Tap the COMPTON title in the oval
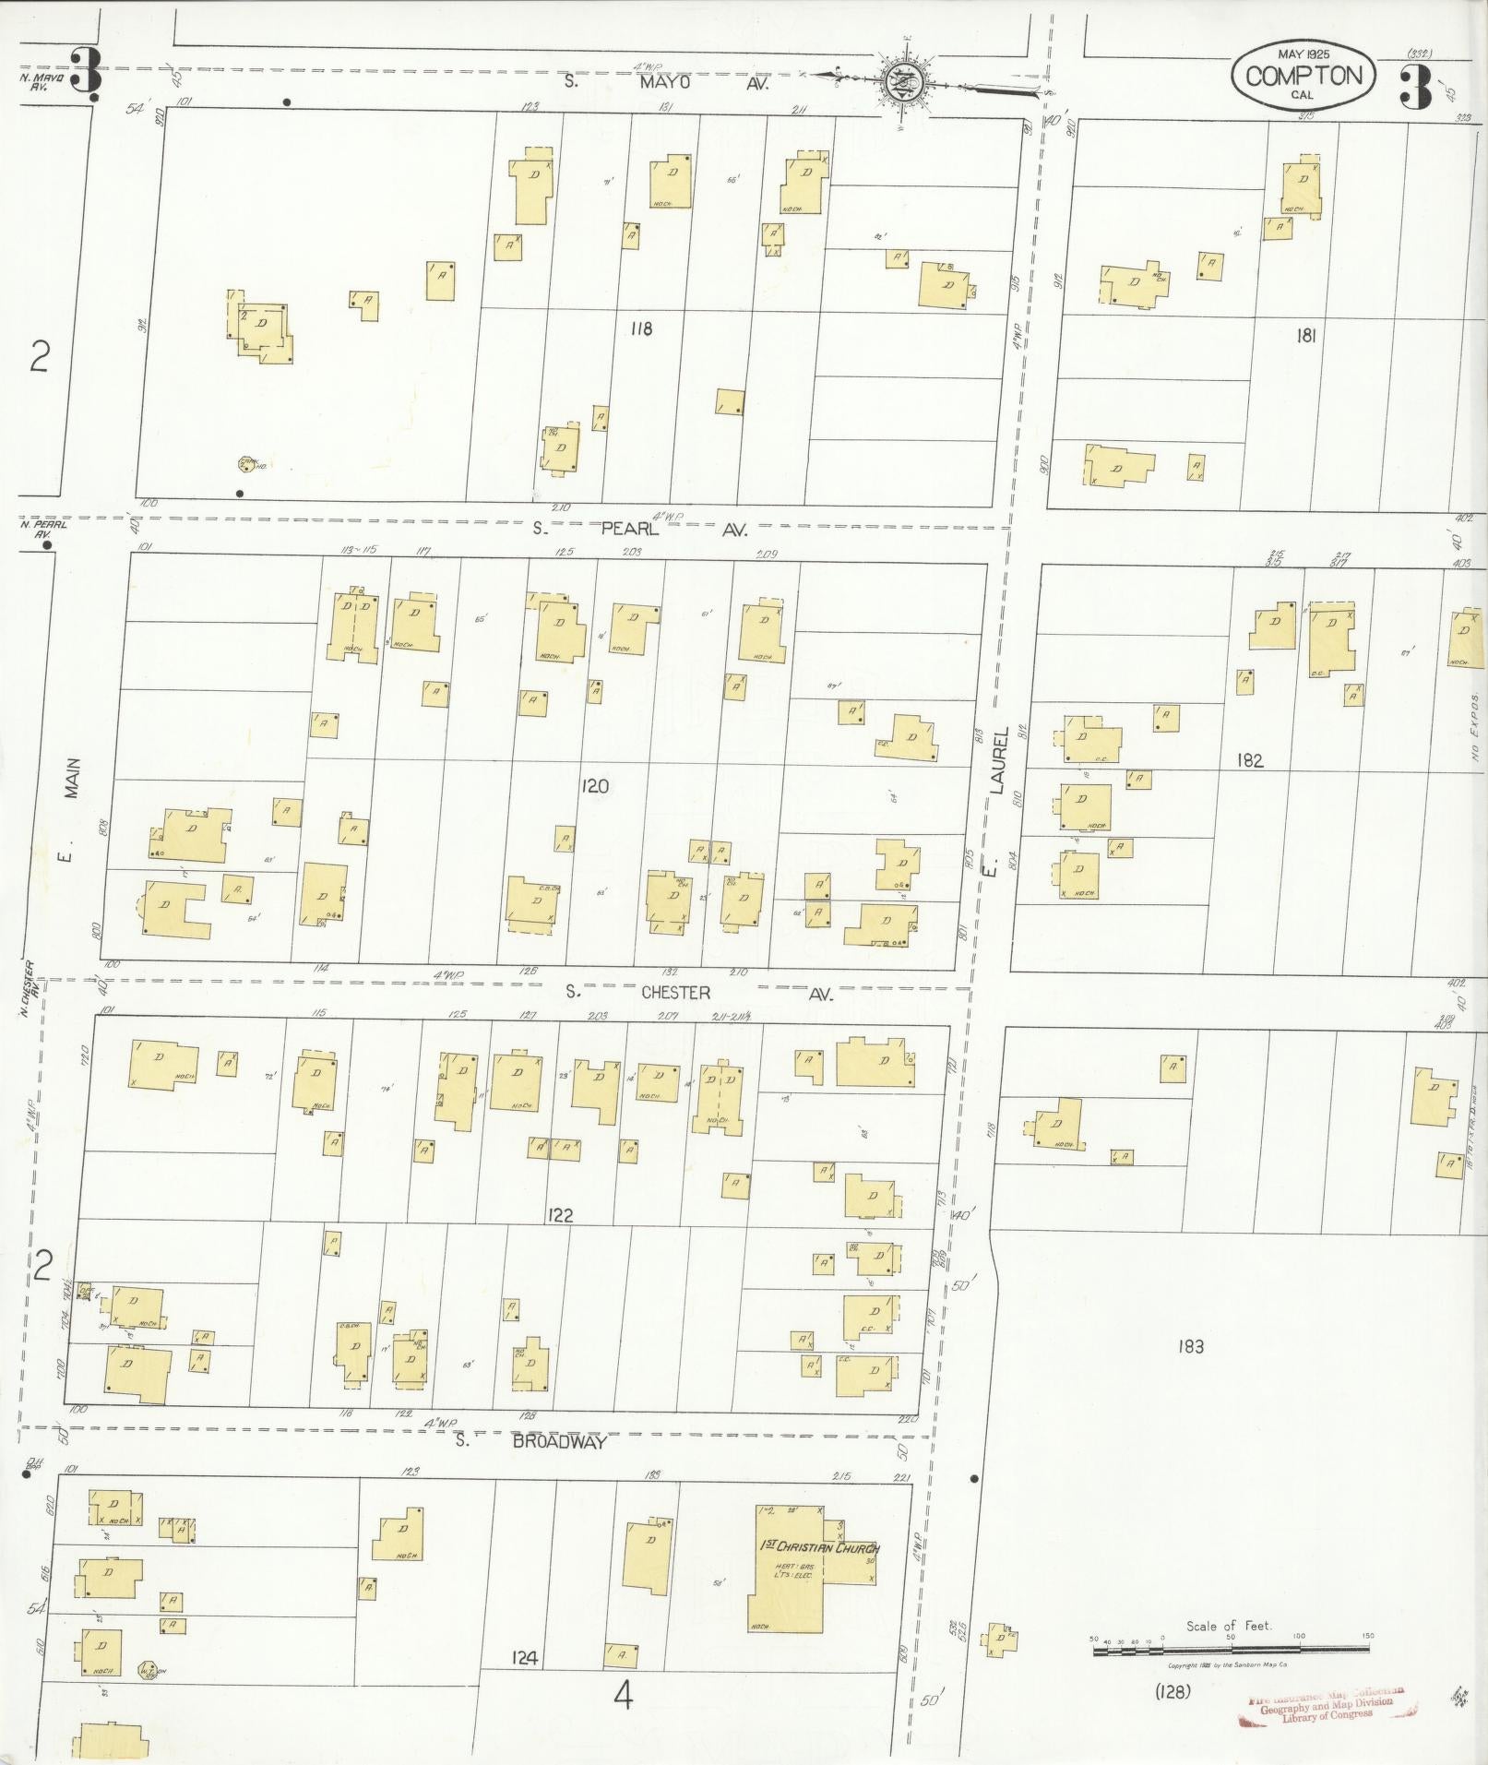pyautogui.click(x=1303, y=76)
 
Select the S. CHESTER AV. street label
pyautogui.click(x=700, y=993)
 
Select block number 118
pyautogui.click(x=641, y=328)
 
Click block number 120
pyautogui.click(x=595, y=786)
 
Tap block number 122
pyautogui.click(x=559, y=1214)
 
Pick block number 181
pyautogui.click(x=1304, y=337)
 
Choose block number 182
pyautogui.click(x=1252, y=760)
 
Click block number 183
pyautogui.click(x=1191, y=1347)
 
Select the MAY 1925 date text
pyautogui.click(x=1303, y=54)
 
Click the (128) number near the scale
pyautogui.click(x=1173, y=1691)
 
